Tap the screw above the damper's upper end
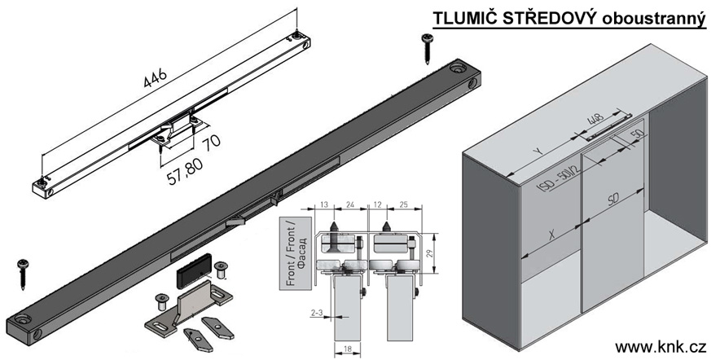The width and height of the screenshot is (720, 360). pos(426,48)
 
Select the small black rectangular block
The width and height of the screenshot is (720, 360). pos(192,267)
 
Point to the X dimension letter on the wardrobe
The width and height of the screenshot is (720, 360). pos(550,235)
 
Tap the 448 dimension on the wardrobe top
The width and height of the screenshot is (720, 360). pos(595,123)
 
